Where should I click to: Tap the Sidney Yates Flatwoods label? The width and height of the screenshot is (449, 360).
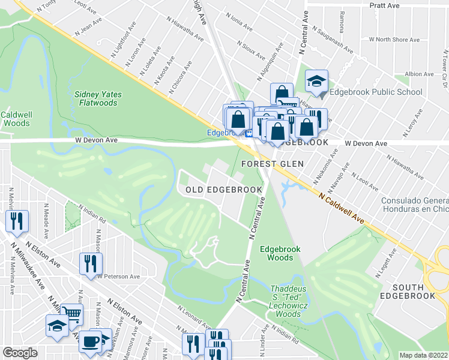96,98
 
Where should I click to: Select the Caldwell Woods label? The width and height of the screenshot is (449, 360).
16,118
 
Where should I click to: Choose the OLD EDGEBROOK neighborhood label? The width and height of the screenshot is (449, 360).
223,190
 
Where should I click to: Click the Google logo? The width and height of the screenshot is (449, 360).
20,352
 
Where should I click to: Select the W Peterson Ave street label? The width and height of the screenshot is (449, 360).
118,277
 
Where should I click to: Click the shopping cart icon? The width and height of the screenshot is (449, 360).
71,313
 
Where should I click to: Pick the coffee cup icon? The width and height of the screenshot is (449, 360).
90,341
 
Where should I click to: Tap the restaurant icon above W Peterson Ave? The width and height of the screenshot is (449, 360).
91,262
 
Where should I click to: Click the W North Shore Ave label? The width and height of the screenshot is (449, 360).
394,40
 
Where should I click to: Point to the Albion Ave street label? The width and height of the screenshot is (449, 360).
419,74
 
